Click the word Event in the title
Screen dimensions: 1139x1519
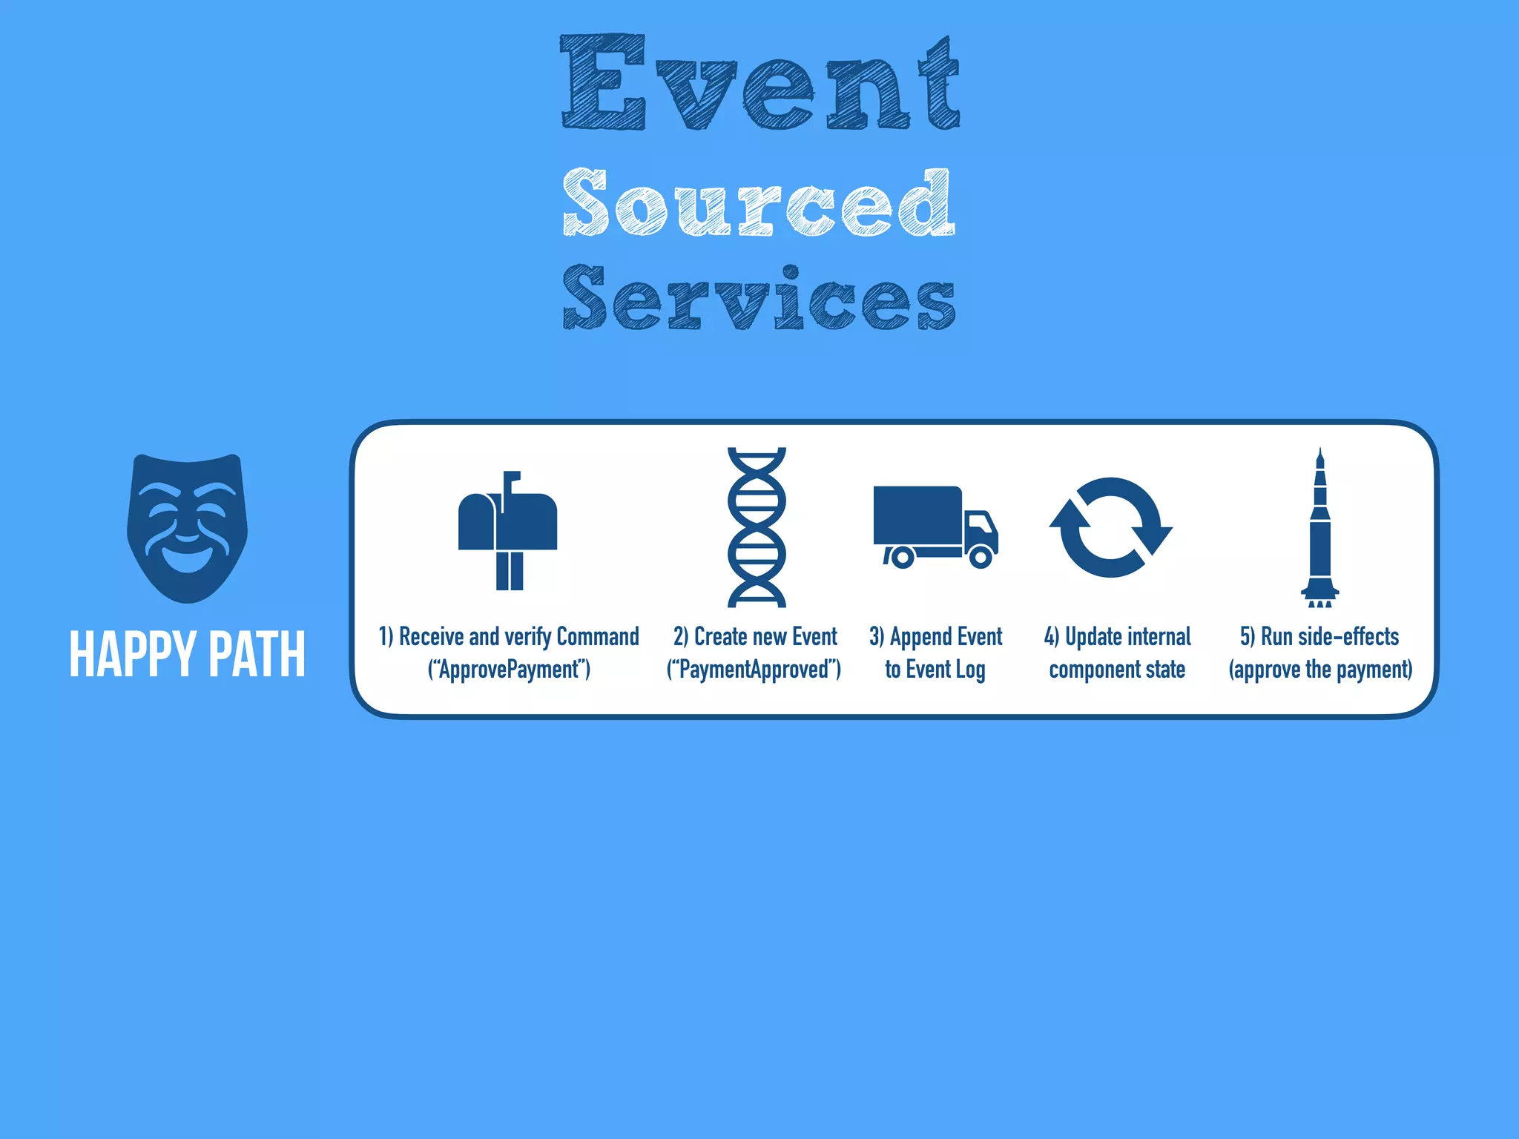759,83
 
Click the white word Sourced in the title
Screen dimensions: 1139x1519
758,202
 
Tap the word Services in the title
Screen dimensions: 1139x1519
758,298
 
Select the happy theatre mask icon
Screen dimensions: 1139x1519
187,528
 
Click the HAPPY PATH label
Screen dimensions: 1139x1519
187,654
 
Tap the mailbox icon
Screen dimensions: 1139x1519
508,530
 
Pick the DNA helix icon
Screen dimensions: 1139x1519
757,527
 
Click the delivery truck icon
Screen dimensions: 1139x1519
935,526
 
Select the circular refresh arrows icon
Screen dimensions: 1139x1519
1110,527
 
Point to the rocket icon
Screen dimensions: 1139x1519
1319,527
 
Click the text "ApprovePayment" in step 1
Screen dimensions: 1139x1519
509,670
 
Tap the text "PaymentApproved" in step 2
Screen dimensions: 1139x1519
754,670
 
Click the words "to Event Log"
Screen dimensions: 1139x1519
935,670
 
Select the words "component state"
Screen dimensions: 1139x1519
1117,670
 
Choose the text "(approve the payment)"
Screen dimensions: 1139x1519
1320,670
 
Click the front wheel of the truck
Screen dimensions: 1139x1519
981,556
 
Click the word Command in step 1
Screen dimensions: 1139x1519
597,637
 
